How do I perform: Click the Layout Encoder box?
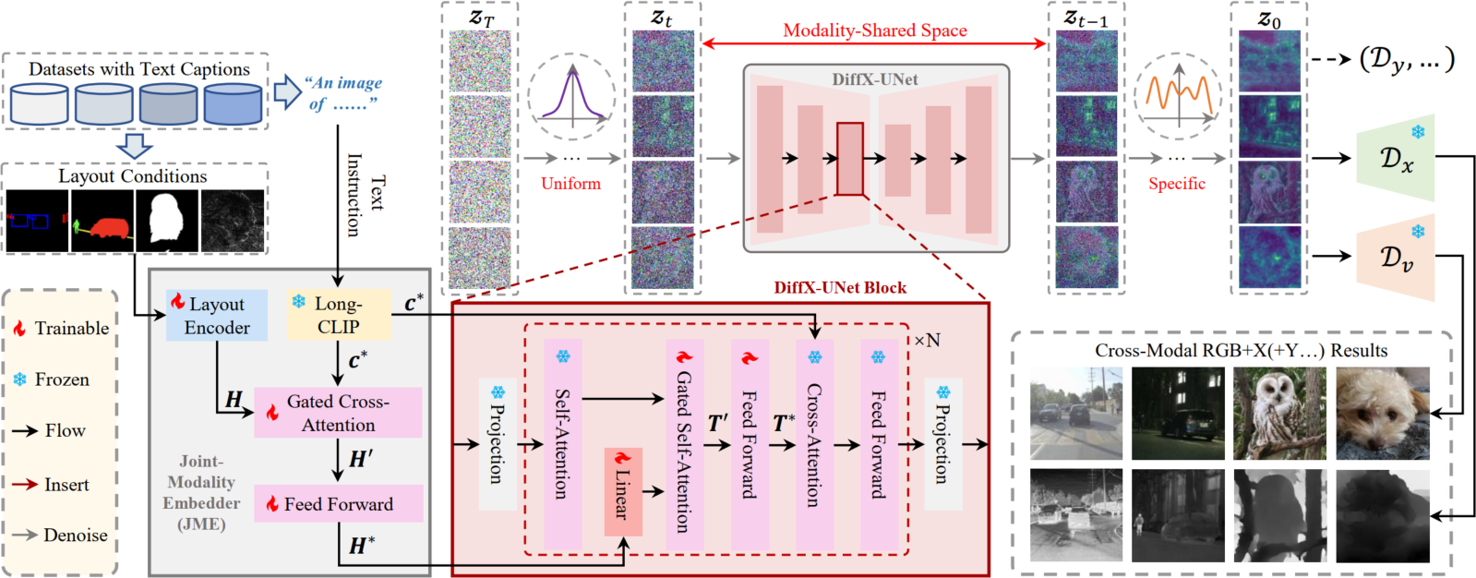click(217, 315)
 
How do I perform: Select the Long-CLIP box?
click(338, 315)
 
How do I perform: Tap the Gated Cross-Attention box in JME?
click(338, 413)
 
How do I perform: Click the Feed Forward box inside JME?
click(338, 504)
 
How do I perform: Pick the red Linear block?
click(623, 492)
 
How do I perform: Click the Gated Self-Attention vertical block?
click(684, 443)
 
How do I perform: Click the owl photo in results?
click(1279, 413)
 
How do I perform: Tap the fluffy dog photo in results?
click(1382, 413)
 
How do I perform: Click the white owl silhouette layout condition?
click(167, 221)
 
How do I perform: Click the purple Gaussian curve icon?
click(572, 96)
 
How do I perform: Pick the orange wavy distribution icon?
click(1178, 96)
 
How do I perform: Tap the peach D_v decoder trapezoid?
click(1395, 259)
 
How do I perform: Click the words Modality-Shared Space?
click(874, 30)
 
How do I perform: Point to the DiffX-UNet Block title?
click(839, 287)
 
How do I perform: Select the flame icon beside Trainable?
click(19, 329)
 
